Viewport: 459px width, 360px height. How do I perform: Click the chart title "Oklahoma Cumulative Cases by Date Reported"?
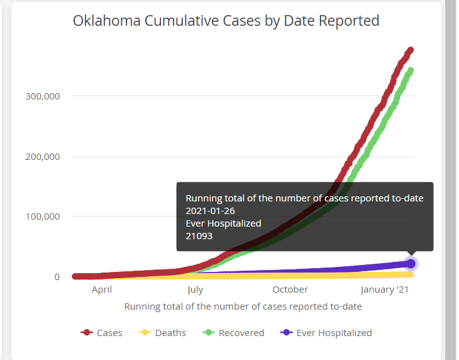click(226, 21)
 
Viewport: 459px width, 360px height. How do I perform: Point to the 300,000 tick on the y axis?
click(43, 96)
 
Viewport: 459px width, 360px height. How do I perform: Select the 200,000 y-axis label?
click(43, 157)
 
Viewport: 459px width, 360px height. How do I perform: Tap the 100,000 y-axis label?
click(43, 217)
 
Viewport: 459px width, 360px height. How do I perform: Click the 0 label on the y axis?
click(57, 277)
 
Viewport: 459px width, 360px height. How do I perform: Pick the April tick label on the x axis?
click(102, 290)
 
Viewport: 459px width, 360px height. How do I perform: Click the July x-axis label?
click(196, 290)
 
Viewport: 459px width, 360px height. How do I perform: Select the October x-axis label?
click(290, 290)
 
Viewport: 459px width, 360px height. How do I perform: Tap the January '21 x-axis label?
click(384, 290)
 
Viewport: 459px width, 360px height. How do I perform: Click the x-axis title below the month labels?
click(243, 307)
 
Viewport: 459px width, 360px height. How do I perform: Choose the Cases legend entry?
click(101, 333)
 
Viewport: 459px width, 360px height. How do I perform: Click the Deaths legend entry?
click(162, 333)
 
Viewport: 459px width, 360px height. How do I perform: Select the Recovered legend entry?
click(233, 333)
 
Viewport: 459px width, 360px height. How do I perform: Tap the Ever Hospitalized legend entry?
click(326, 333)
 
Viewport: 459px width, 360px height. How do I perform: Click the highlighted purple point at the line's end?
click(411, 264)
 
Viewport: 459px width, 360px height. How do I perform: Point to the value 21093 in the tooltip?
click(199, 236)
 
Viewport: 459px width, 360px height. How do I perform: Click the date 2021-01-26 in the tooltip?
click(210, 211)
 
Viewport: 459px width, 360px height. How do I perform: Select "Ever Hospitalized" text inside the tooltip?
click(223, 223)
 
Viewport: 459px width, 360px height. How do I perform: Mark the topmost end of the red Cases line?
click(411, 50)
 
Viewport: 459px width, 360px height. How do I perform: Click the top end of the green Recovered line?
click(411, 70)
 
